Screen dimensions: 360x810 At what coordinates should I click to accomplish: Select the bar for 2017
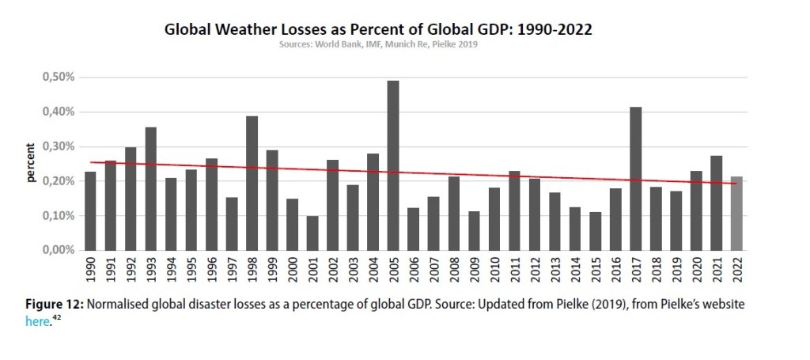(x=635, y=178)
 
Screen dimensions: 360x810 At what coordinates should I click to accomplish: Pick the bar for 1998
(x=252, y=183)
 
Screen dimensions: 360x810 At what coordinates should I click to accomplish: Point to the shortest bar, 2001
(x=312, y=233)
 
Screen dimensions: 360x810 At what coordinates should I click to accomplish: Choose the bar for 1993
(x=151, y=188)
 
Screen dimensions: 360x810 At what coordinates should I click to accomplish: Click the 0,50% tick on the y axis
(x=58, y=78)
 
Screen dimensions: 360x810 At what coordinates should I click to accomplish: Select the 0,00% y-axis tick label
(x=58, y=250)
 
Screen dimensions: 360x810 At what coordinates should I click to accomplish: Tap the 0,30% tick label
(x=58, y=146)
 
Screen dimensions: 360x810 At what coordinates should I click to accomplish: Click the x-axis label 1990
(x=91, y=271)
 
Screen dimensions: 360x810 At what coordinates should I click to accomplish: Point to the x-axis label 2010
(x=494, y=271)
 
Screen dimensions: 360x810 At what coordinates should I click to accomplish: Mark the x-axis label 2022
(x=736, y=271)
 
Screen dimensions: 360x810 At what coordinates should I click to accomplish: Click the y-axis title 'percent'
(x=31, y=162)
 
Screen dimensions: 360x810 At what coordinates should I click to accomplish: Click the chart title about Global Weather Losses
(x=378, y=30)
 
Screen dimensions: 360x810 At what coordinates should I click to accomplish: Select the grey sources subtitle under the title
(x=378, y=44)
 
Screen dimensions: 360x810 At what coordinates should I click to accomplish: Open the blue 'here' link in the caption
(x=37, y=322)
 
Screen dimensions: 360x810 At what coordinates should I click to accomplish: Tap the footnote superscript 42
(x=57, y=319)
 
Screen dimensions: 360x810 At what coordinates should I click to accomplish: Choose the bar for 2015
(x=595, y=231)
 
